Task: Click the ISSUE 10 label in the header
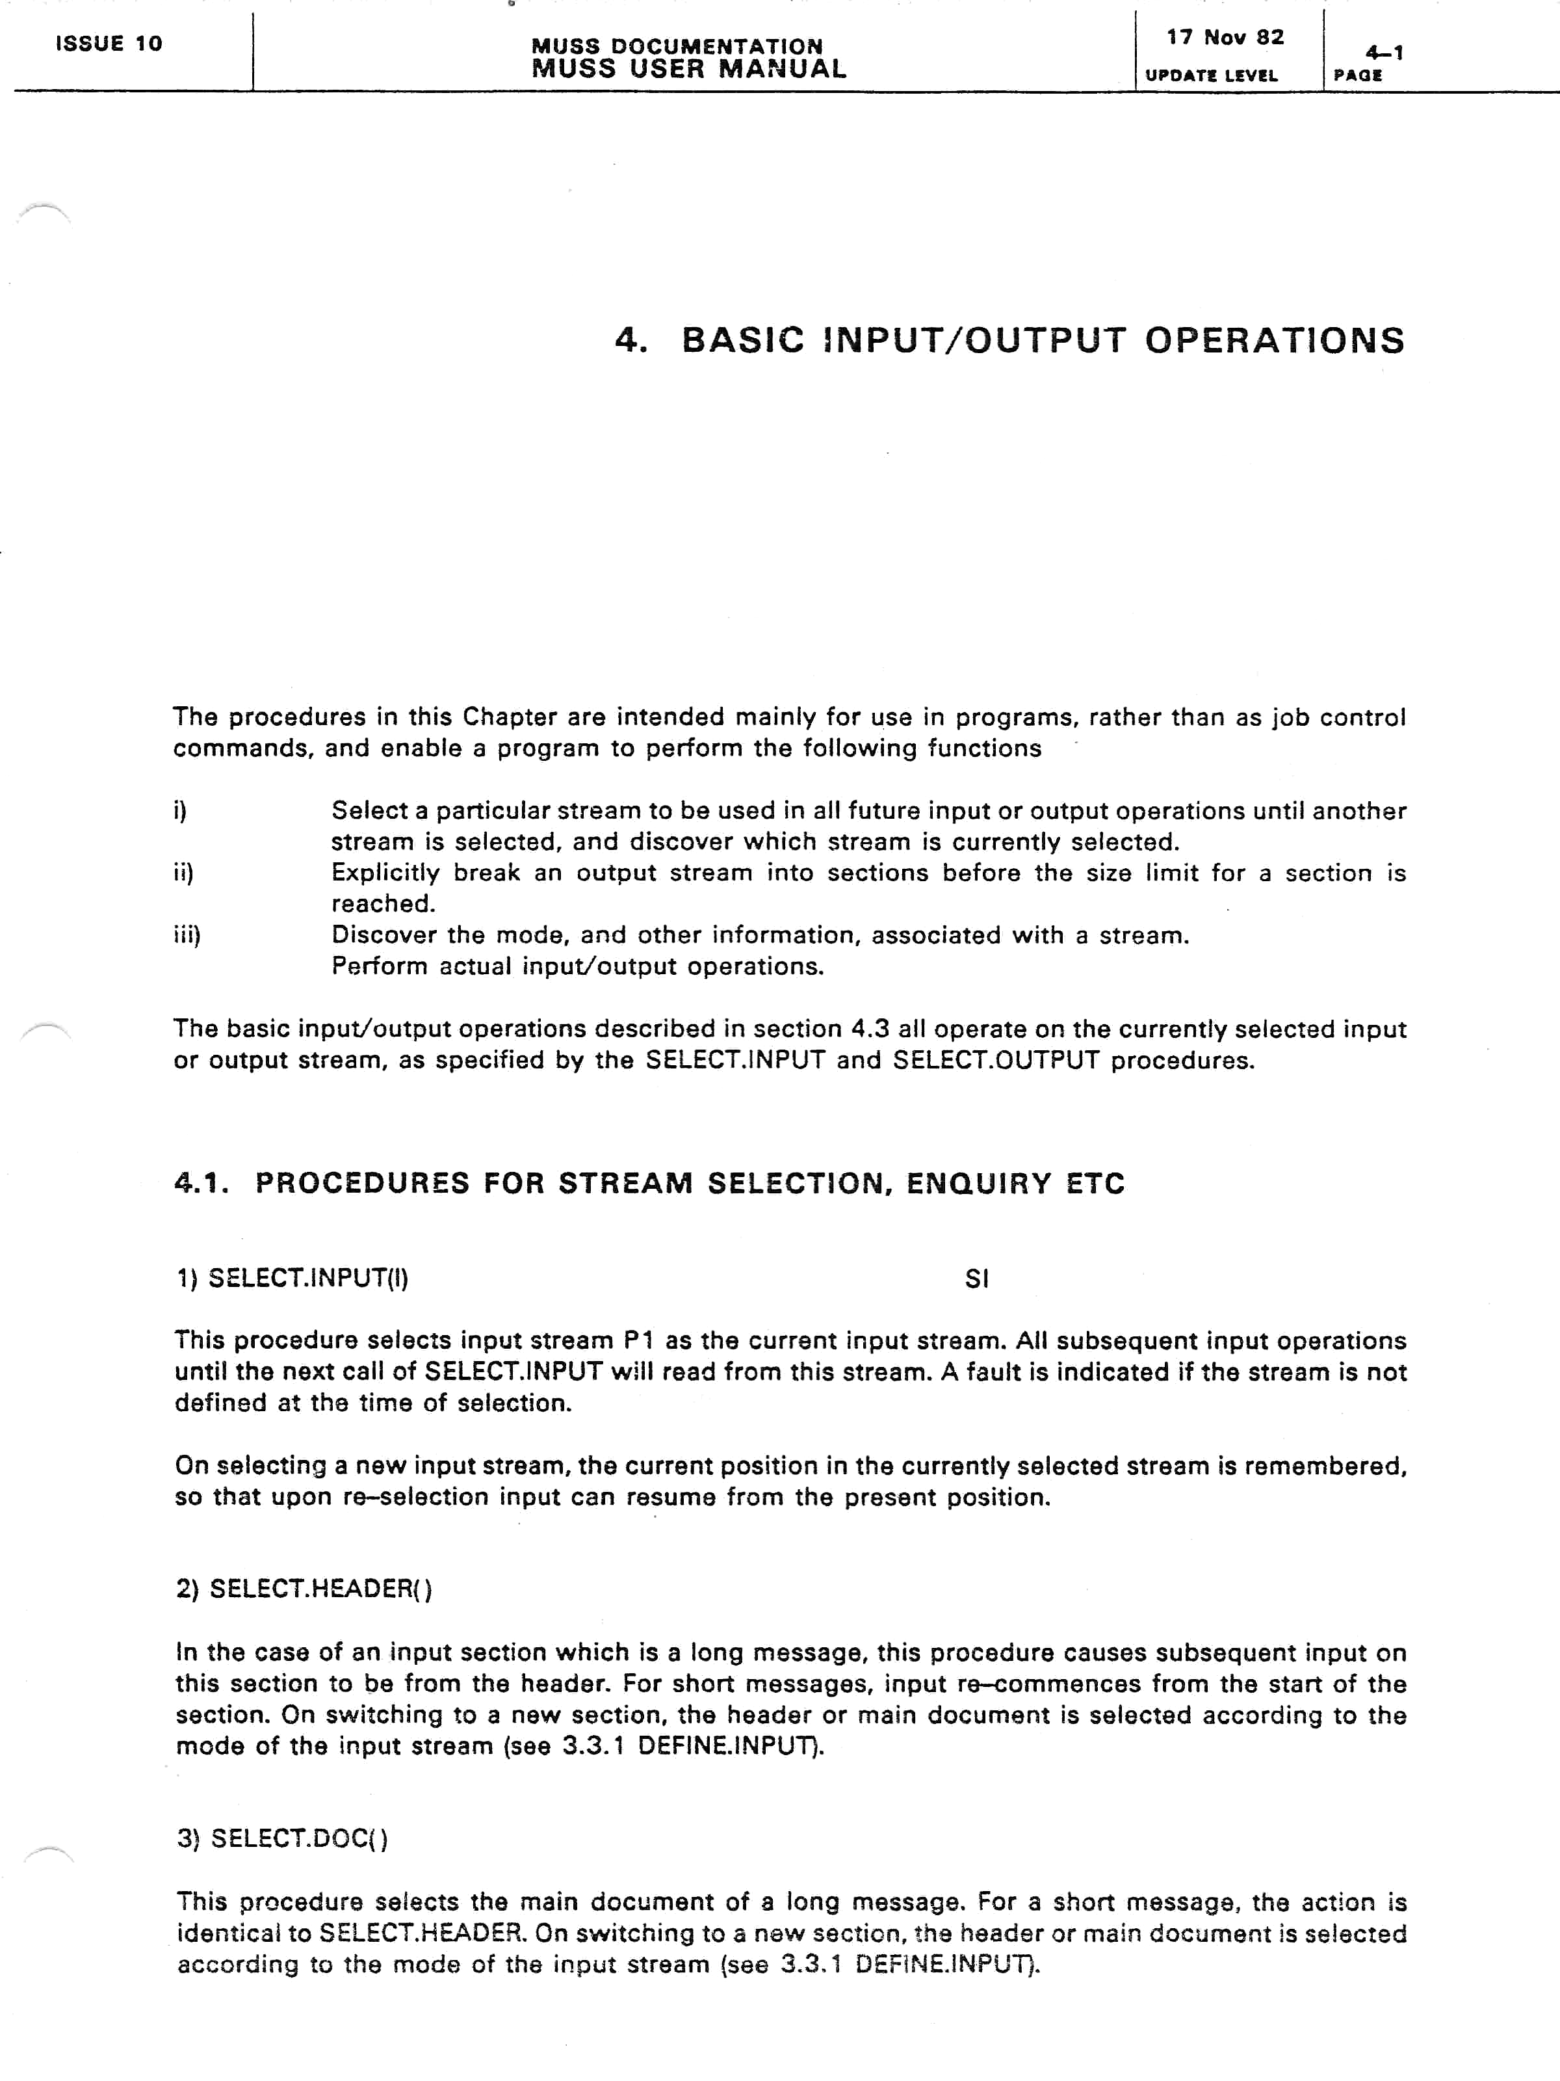point(109,44)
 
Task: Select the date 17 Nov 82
point(1225,38)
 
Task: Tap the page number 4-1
point(1384,53)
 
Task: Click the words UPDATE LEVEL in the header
point(1211,75)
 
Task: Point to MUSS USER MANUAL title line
point(688,69)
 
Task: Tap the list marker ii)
point(183,872)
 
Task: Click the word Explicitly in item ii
point(385,873)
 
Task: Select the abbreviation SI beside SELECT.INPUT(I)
point(976,1278)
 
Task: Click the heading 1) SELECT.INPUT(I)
point(292,1278)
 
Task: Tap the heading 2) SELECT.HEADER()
point(304,1589)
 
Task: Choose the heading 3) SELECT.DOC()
point(282,1838)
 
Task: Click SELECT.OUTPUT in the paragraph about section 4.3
point(996,1060)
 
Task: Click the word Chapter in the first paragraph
point(510,717)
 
